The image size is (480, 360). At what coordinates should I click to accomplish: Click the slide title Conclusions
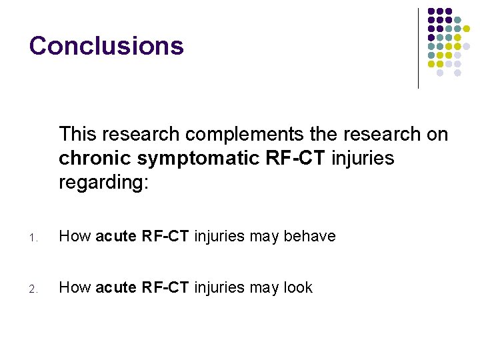(106, 45)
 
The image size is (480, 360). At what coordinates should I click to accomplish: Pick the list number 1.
(33, 237)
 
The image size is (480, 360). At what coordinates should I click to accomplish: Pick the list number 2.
(33, 289)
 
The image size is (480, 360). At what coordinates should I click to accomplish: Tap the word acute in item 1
(117, 236)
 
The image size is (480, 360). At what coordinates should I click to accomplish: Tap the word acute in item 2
(117, 287)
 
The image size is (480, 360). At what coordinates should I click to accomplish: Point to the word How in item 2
(75, 287)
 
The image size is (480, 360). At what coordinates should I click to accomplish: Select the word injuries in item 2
(218, 287)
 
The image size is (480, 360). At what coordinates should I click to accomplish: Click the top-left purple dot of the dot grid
(431, 11)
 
